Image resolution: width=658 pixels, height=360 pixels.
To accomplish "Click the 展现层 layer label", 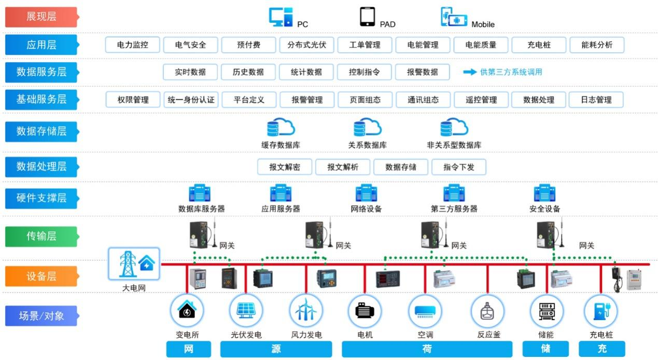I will click(41, 17).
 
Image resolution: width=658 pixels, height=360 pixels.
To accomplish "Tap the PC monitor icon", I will click(281, 17).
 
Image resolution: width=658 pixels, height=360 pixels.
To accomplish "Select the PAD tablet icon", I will click(367, 17).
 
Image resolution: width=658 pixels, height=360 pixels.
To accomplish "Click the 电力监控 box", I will click(133, 45).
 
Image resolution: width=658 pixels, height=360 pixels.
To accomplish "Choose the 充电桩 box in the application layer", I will click(539, 45).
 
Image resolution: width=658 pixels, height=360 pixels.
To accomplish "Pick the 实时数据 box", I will click(190, 72).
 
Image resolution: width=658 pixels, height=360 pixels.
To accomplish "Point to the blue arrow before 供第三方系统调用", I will click(469, 72).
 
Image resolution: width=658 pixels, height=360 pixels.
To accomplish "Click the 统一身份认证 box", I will click(191, 100).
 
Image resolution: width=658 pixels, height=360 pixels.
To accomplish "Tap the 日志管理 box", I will click(596, 100).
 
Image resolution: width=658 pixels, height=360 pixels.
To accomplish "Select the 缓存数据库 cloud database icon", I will click(281, 128).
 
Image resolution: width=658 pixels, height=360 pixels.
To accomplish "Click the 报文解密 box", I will click(285, 167).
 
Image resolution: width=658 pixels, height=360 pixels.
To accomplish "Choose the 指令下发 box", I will click(458, 167).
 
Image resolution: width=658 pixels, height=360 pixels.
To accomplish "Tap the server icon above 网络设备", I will click(366, 193).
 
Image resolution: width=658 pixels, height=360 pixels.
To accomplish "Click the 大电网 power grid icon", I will click(134, 264).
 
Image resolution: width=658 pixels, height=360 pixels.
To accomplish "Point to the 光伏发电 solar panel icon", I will click(246, 311).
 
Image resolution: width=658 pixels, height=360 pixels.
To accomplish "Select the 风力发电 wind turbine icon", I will click(306, 311).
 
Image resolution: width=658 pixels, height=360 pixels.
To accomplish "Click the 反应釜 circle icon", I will click(487, 311).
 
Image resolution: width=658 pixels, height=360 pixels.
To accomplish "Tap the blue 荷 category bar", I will click(427, 349).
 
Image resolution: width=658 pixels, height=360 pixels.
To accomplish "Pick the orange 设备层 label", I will click(41, 276).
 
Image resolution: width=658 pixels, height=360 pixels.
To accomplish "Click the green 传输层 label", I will click(41, 237).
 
